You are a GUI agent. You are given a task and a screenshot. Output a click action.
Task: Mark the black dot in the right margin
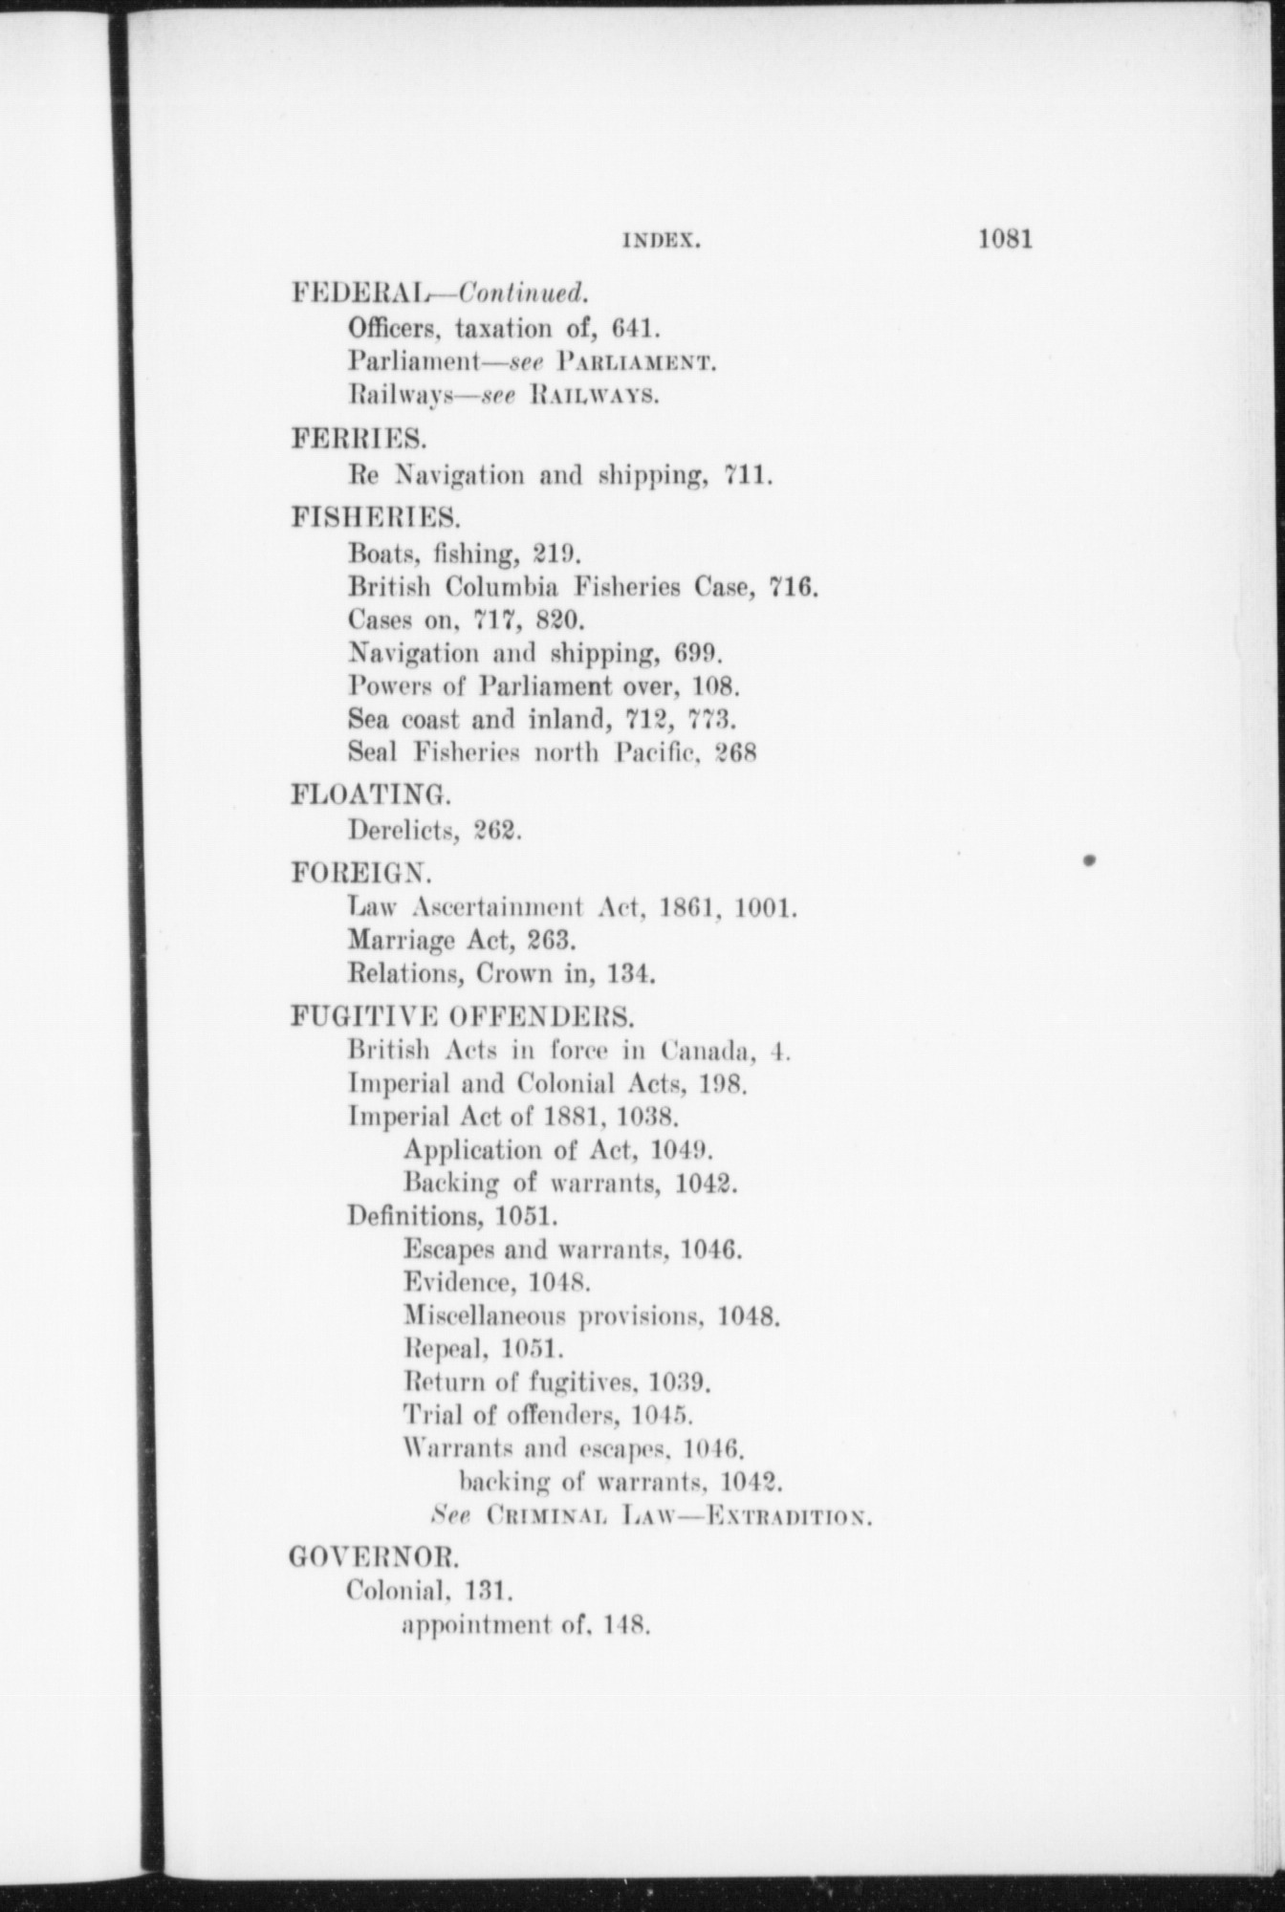coord(1089,861)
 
